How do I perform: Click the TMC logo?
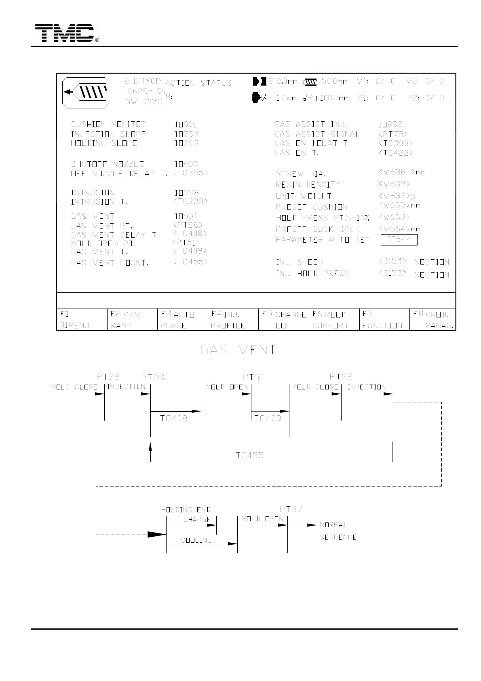tap(65, 33)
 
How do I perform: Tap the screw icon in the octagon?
tap(86, 92)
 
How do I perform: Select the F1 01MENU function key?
tap(82, 319)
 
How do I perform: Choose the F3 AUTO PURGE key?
tap(182, 319)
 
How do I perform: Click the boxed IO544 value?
tap(399, 240)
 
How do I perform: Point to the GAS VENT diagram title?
tap(238, 350)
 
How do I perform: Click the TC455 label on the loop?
tap(250, 455)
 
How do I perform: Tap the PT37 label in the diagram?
tap(291, 509)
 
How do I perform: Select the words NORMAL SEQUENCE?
tap(338, 531)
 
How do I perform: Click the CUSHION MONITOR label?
tap(108, 125)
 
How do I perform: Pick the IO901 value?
tap(186, 125)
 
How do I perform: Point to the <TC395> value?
tap(190, 173)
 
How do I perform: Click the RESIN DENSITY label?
tap(308, 185)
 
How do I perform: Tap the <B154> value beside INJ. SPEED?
tap(392, 261)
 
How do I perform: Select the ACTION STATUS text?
tap(198, 83)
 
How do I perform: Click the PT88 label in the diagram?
tap(152, 377)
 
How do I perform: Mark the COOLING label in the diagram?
tap(196, 540)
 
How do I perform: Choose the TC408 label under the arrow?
tap(174, 419)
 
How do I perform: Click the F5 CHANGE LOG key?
tap(283, 319)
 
